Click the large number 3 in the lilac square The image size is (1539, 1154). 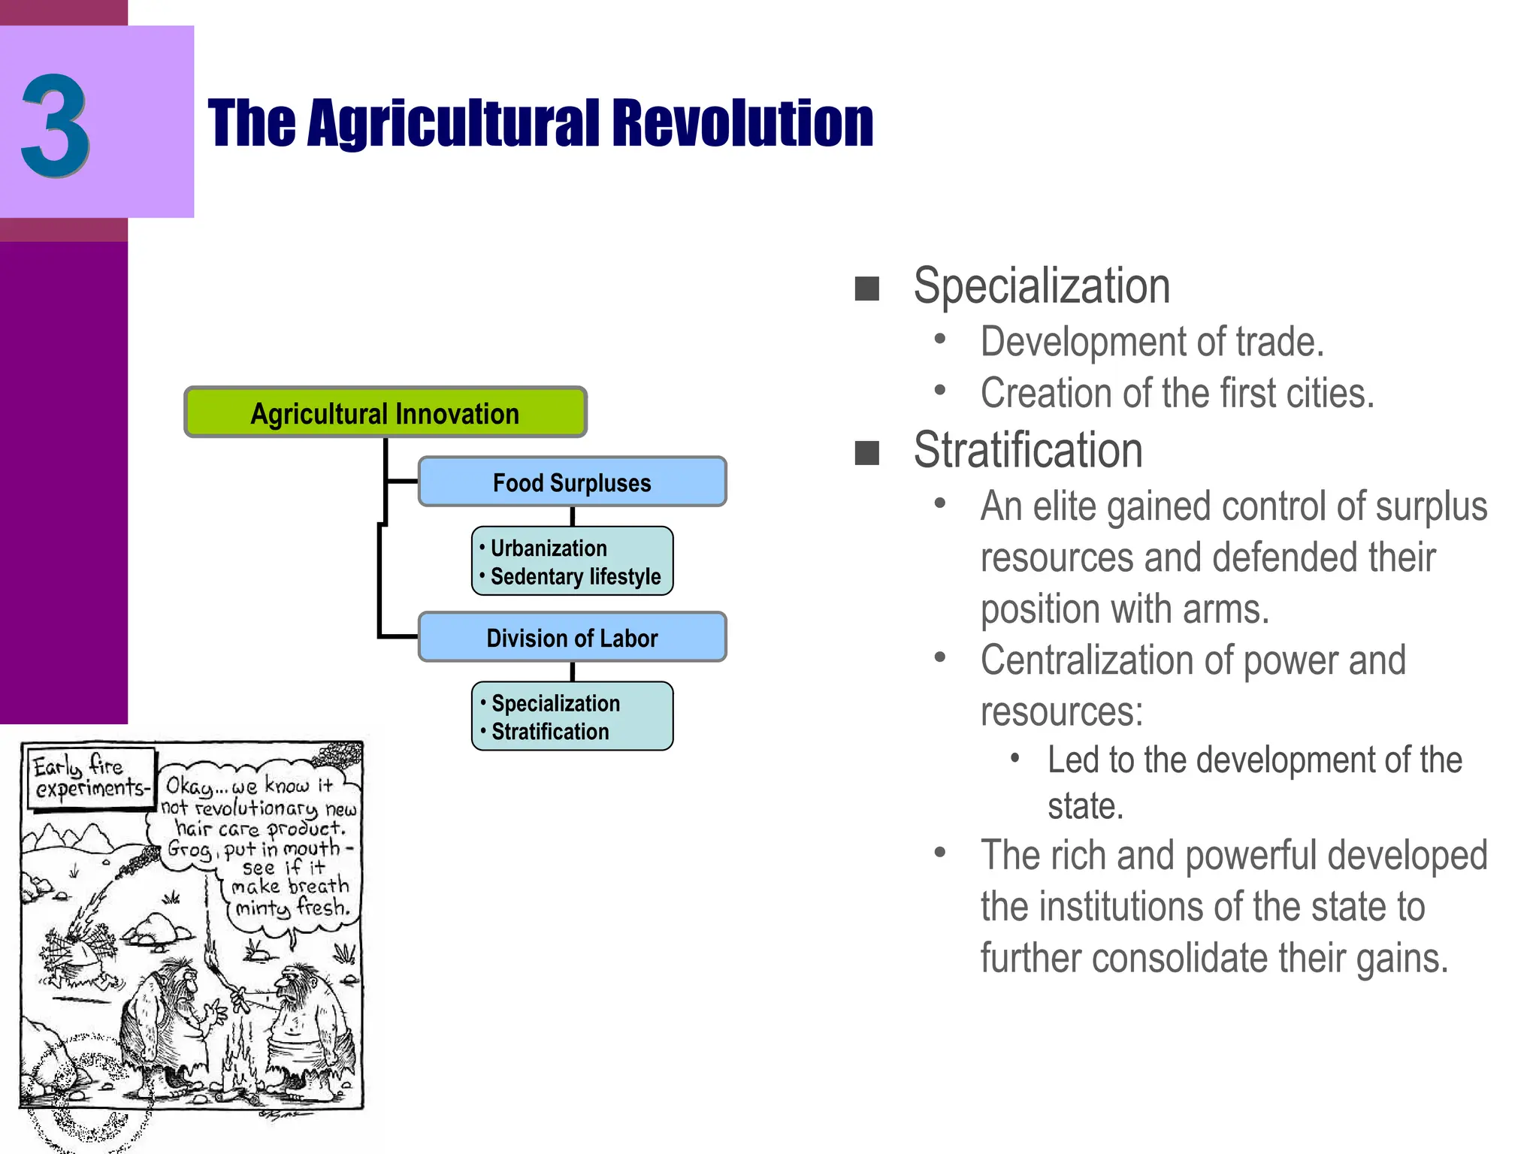[x=56, y=125]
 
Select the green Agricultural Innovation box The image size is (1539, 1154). [x=385, y=412]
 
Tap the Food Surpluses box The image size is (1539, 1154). [x=572, y=482]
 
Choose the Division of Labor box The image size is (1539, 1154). [x=572, y=638]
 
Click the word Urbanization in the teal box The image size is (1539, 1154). [x=548, y=548]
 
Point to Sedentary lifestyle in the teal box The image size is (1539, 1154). [x=575, y=576]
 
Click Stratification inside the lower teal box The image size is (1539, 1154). [x=549, y=731]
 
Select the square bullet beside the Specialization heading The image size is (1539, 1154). [x=866, y=288]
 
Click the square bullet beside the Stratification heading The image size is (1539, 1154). [x=866, y=453]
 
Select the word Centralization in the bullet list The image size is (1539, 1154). [x=1087, y=660]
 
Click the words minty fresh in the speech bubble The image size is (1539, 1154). [x=292, y=908]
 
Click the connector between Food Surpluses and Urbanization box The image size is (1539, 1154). [x=573, y=516]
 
